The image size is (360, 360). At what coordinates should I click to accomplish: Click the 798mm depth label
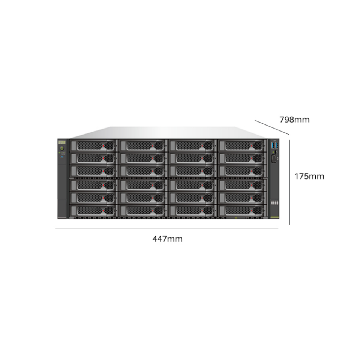[x=294, y=120]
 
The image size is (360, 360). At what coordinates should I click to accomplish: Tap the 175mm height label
[x=309, y=176]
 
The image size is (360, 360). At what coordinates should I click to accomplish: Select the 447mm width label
[x=167, y=238]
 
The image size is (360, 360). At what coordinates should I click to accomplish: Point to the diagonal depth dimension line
[x=272, y=127]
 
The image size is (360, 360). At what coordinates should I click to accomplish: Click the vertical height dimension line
[x=290, y=182]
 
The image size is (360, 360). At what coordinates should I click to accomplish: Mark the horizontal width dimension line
[x=167, y=228]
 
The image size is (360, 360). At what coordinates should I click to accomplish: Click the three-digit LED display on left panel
[x=61, y=142]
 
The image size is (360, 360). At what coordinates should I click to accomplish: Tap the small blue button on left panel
[x=62, y=157]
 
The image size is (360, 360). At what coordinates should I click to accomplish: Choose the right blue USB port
[x=277, y=145]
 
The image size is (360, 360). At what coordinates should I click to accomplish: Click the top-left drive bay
[x=92, y=145]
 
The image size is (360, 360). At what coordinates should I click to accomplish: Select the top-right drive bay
[x=241, y=145]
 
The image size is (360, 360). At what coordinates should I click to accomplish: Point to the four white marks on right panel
[x=274, y=202]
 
